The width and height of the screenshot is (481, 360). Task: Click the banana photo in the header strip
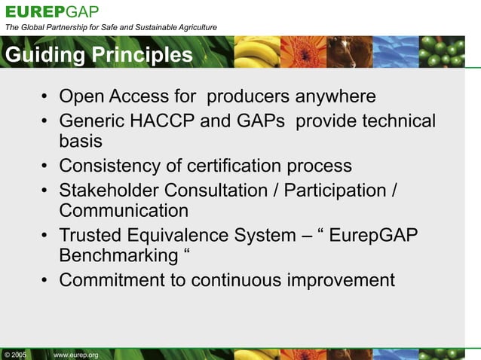click(256, 51)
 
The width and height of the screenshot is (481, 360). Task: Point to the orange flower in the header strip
click(303, 51)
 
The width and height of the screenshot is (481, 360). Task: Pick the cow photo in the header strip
click(349, 51)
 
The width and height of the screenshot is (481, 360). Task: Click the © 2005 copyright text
click(15, 354)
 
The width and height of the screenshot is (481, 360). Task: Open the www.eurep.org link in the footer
click(76, 354)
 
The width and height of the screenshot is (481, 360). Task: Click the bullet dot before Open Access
click(45, 98)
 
